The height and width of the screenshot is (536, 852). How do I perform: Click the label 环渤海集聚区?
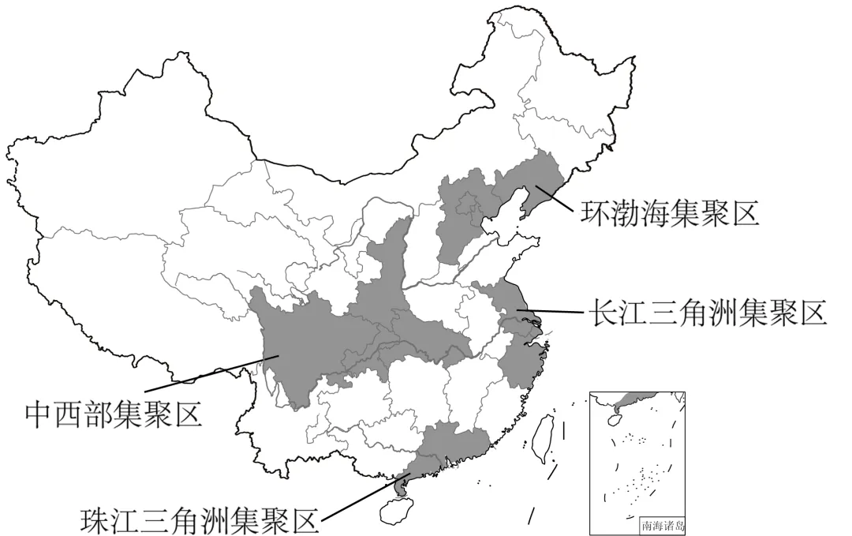point(670,212)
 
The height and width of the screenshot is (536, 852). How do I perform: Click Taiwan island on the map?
point(540,437)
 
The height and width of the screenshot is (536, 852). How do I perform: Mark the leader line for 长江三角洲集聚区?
point(555,312)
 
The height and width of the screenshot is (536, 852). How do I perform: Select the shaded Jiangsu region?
point(505,304)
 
